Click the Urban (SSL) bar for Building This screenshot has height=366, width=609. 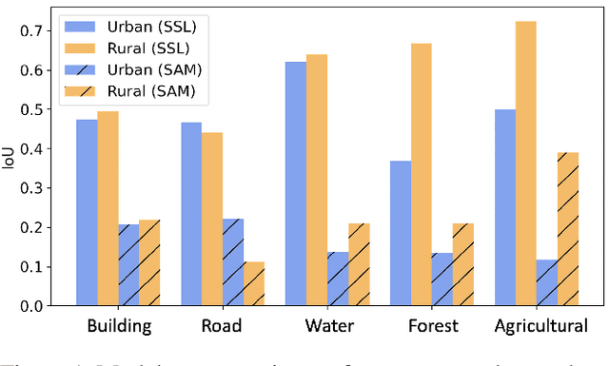coord(87,213)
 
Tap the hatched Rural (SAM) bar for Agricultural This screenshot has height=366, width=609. coord(567,229)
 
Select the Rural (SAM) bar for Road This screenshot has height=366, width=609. coord(254,284)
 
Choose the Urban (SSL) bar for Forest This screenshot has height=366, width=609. coord(400,234)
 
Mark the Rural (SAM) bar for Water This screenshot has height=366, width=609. coord(359,265)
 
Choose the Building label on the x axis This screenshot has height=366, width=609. coord(119,327)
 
